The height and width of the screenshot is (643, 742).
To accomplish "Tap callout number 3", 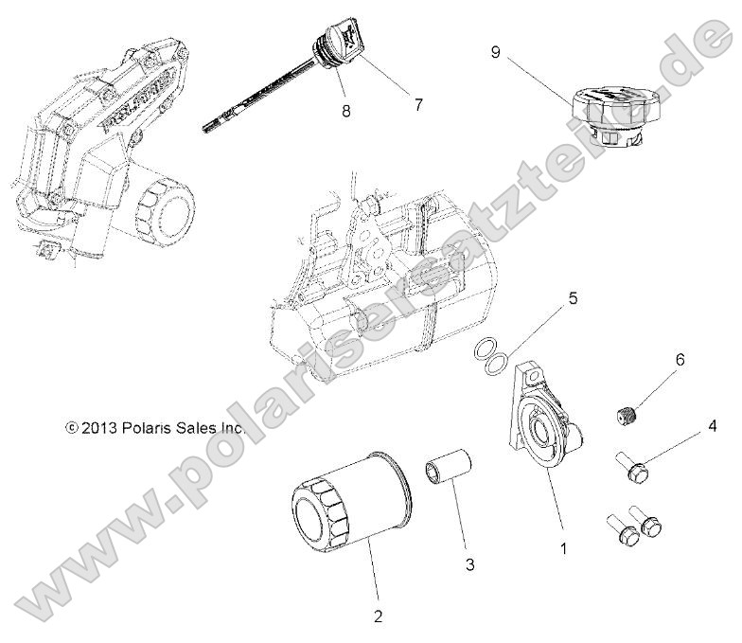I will point(470,564).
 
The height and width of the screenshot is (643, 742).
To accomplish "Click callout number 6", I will point(680,361).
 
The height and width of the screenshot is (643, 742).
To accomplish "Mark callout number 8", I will point(345,110).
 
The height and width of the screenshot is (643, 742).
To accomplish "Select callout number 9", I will point(495,51).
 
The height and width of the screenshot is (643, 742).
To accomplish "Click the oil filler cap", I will point(607,119).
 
